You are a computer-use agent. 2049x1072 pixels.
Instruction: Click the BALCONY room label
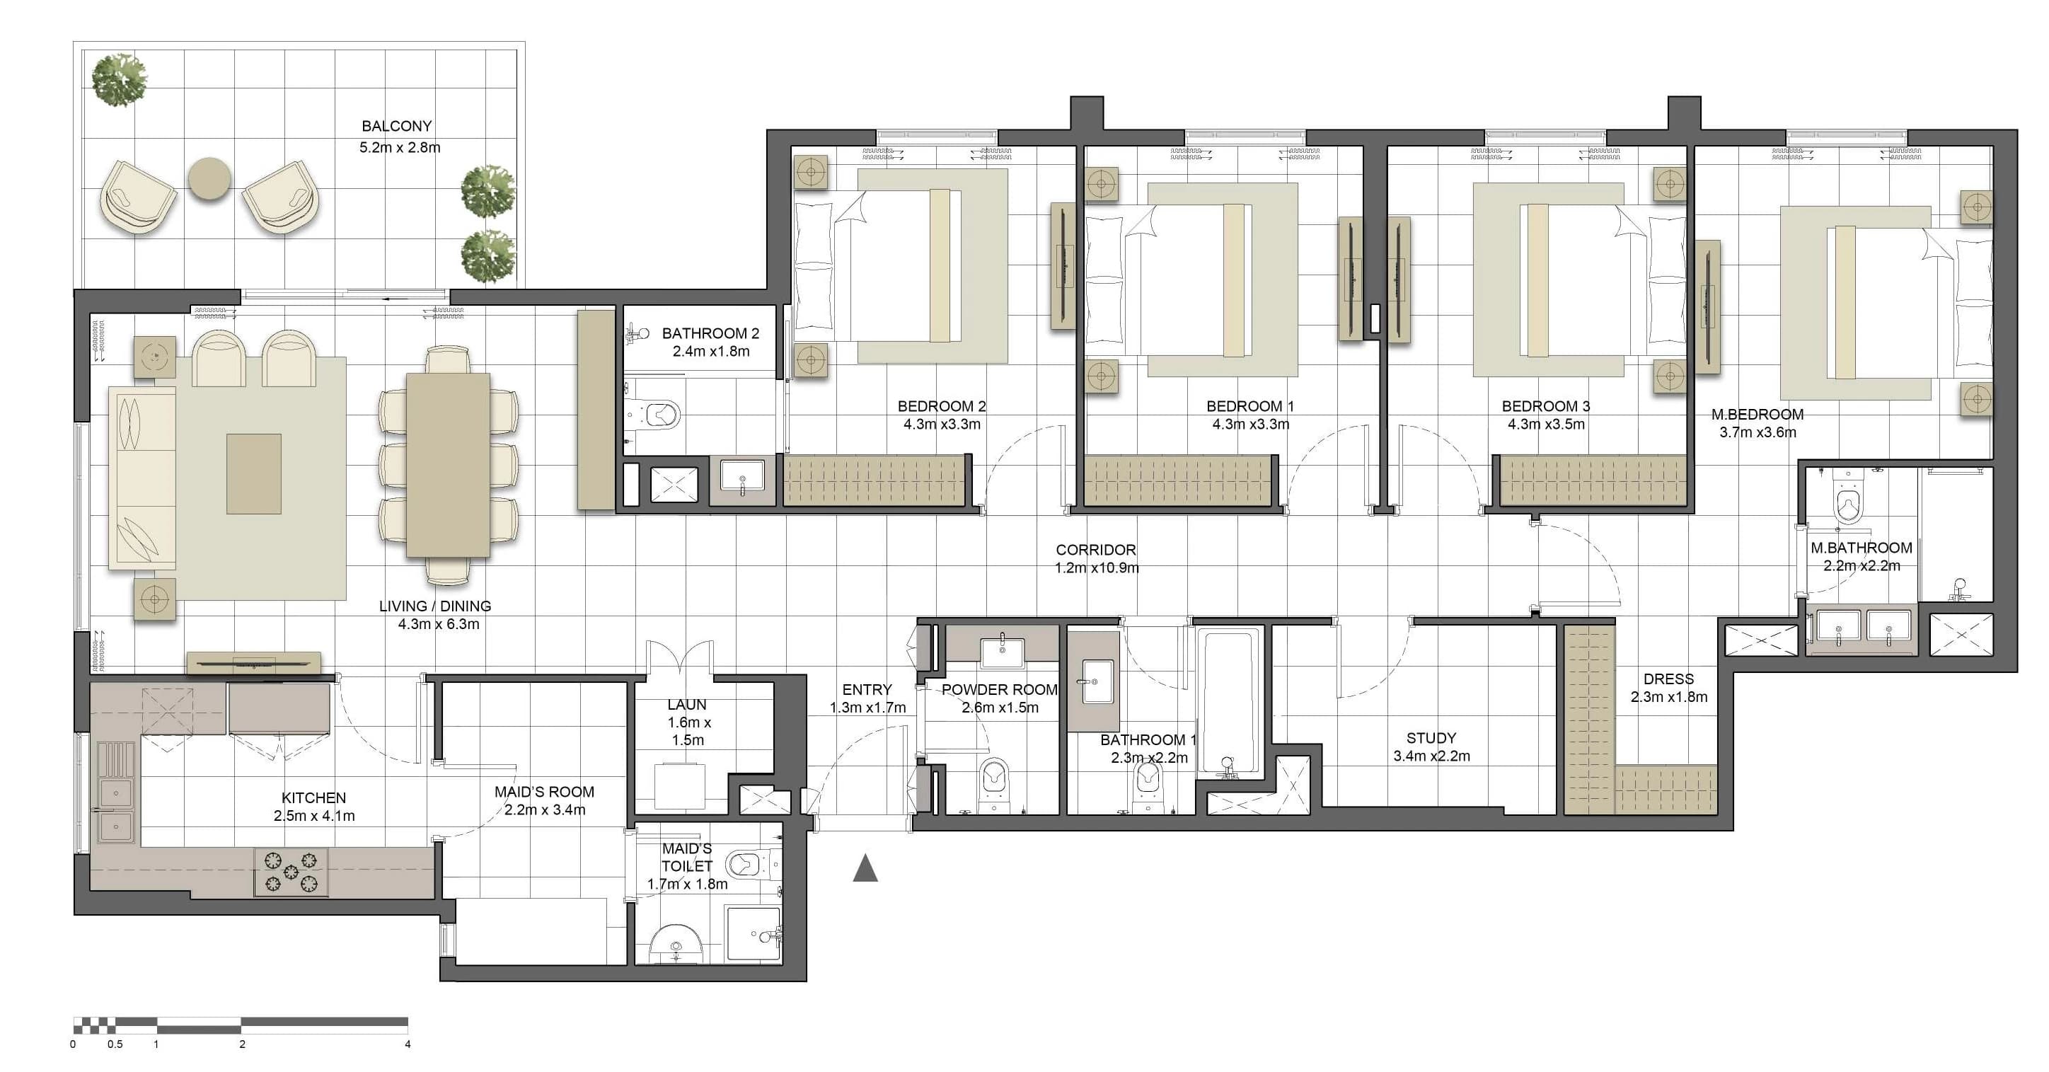(x=396, y=127)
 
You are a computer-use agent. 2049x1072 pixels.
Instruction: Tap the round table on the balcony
(x=209, y=179)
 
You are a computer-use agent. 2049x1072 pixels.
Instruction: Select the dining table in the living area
(x=448, y=465)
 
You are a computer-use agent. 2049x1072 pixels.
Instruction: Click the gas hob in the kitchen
(x=291, y=872)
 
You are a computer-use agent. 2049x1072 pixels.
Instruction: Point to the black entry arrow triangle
(x=865, y=868)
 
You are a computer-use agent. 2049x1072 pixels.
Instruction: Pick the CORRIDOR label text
(x=1095, y=550)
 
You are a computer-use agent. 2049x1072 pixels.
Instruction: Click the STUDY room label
(x=1431, y=738)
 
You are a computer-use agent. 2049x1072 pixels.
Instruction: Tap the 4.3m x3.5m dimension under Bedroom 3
(x=1545, y=425)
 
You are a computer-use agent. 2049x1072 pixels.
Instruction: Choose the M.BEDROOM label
(x=1757, y=415)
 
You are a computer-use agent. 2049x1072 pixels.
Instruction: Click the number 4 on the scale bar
(x=408, y=1044)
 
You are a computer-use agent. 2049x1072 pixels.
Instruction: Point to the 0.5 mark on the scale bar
(x=115, y=1044)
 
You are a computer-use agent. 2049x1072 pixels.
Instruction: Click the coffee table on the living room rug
(x=254, y=473)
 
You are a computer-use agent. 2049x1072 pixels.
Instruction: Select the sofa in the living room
(x=142, y=478)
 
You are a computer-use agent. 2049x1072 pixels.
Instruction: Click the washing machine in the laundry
(x=680, y=785)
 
